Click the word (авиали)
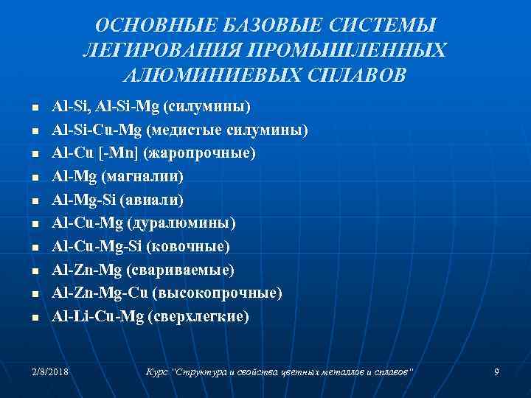point(159,200)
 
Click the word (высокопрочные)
point(218,293)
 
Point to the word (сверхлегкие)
point(198,317)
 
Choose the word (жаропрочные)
point(201,153)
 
